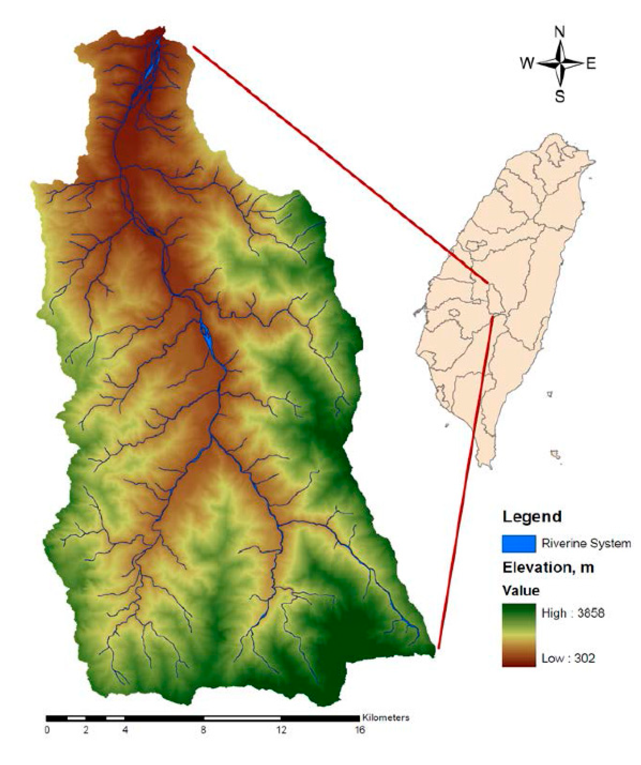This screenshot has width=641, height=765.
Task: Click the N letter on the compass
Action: (x=559, y=33)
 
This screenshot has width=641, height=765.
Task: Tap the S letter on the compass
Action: (x=560, y=97)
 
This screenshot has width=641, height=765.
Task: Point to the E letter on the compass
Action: (x=591, y=64)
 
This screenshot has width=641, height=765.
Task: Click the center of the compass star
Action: (x=560, y=63)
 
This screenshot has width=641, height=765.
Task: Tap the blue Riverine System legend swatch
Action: (x=519, y=544)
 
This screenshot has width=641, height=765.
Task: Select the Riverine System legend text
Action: (x=586, y=544)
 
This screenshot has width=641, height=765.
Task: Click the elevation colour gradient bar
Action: (x=519, y=635)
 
